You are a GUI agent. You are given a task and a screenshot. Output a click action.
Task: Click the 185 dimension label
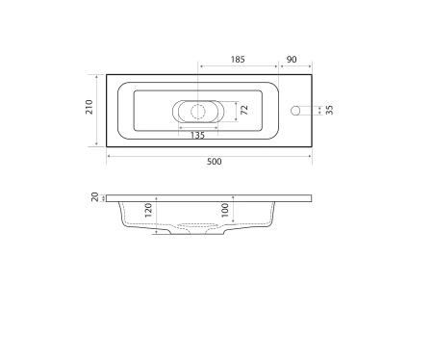pos(238,60)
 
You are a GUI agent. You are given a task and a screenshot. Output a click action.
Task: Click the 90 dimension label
pos(292,60)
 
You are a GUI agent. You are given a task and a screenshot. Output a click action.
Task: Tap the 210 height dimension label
pos(89,107)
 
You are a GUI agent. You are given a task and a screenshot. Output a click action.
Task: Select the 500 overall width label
pos(214,162)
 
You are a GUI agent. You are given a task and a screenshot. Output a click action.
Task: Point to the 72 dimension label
pos(244,110)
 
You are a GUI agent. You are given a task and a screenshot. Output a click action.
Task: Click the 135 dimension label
pos(197,135)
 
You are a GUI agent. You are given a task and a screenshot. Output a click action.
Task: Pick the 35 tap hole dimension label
pos(329,110)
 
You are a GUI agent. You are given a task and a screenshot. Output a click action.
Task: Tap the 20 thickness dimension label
pos(94,196)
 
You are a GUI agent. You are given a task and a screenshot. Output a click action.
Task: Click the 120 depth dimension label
pos(148,210)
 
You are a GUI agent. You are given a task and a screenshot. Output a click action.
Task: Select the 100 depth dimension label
pos(225,210)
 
